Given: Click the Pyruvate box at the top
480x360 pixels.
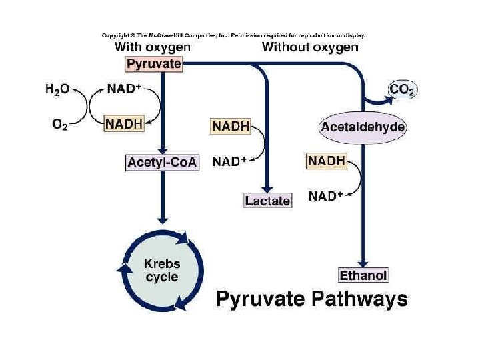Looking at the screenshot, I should (x=153, y=65).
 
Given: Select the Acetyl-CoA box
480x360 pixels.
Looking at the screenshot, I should (x=162, y=162).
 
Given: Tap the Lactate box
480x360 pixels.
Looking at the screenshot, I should (x=268, y=200).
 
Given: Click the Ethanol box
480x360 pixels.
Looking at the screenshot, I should (x=363, y=275).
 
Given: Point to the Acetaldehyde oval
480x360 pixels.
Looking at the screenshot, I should (x=363, y=127).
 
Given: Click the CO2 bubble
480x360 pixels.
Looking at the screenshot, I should (x=402, y=89).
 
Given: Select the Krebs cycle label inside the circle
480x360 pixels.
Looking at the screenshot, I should (x=162, y=270).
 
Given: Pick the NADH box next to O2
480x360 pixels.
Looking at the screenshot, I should (x=125, y=124).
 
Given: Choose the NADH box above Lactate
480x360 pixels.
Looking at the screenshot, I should (x=230, y=125).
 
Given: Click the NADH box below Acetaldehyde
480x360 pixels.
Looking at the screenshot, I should (x=326, y=161).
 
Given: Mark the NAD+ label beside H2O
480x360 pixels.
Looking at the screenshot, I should (x=125, y=89).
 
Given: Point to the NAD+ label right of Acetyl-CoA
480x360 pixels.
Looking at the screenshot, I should (x=230, y=161).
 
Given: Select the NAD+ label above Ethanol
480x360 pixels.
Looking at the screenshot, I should (x=326, y=196).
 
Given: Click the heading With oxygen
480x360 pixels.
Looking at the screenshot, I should (x=152, y=47).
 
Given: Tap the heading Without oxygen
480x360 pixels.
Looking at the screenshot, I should (x=310, y=47).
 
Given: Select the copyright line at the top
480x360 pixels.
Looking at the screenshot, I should (x=233, y=35).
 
